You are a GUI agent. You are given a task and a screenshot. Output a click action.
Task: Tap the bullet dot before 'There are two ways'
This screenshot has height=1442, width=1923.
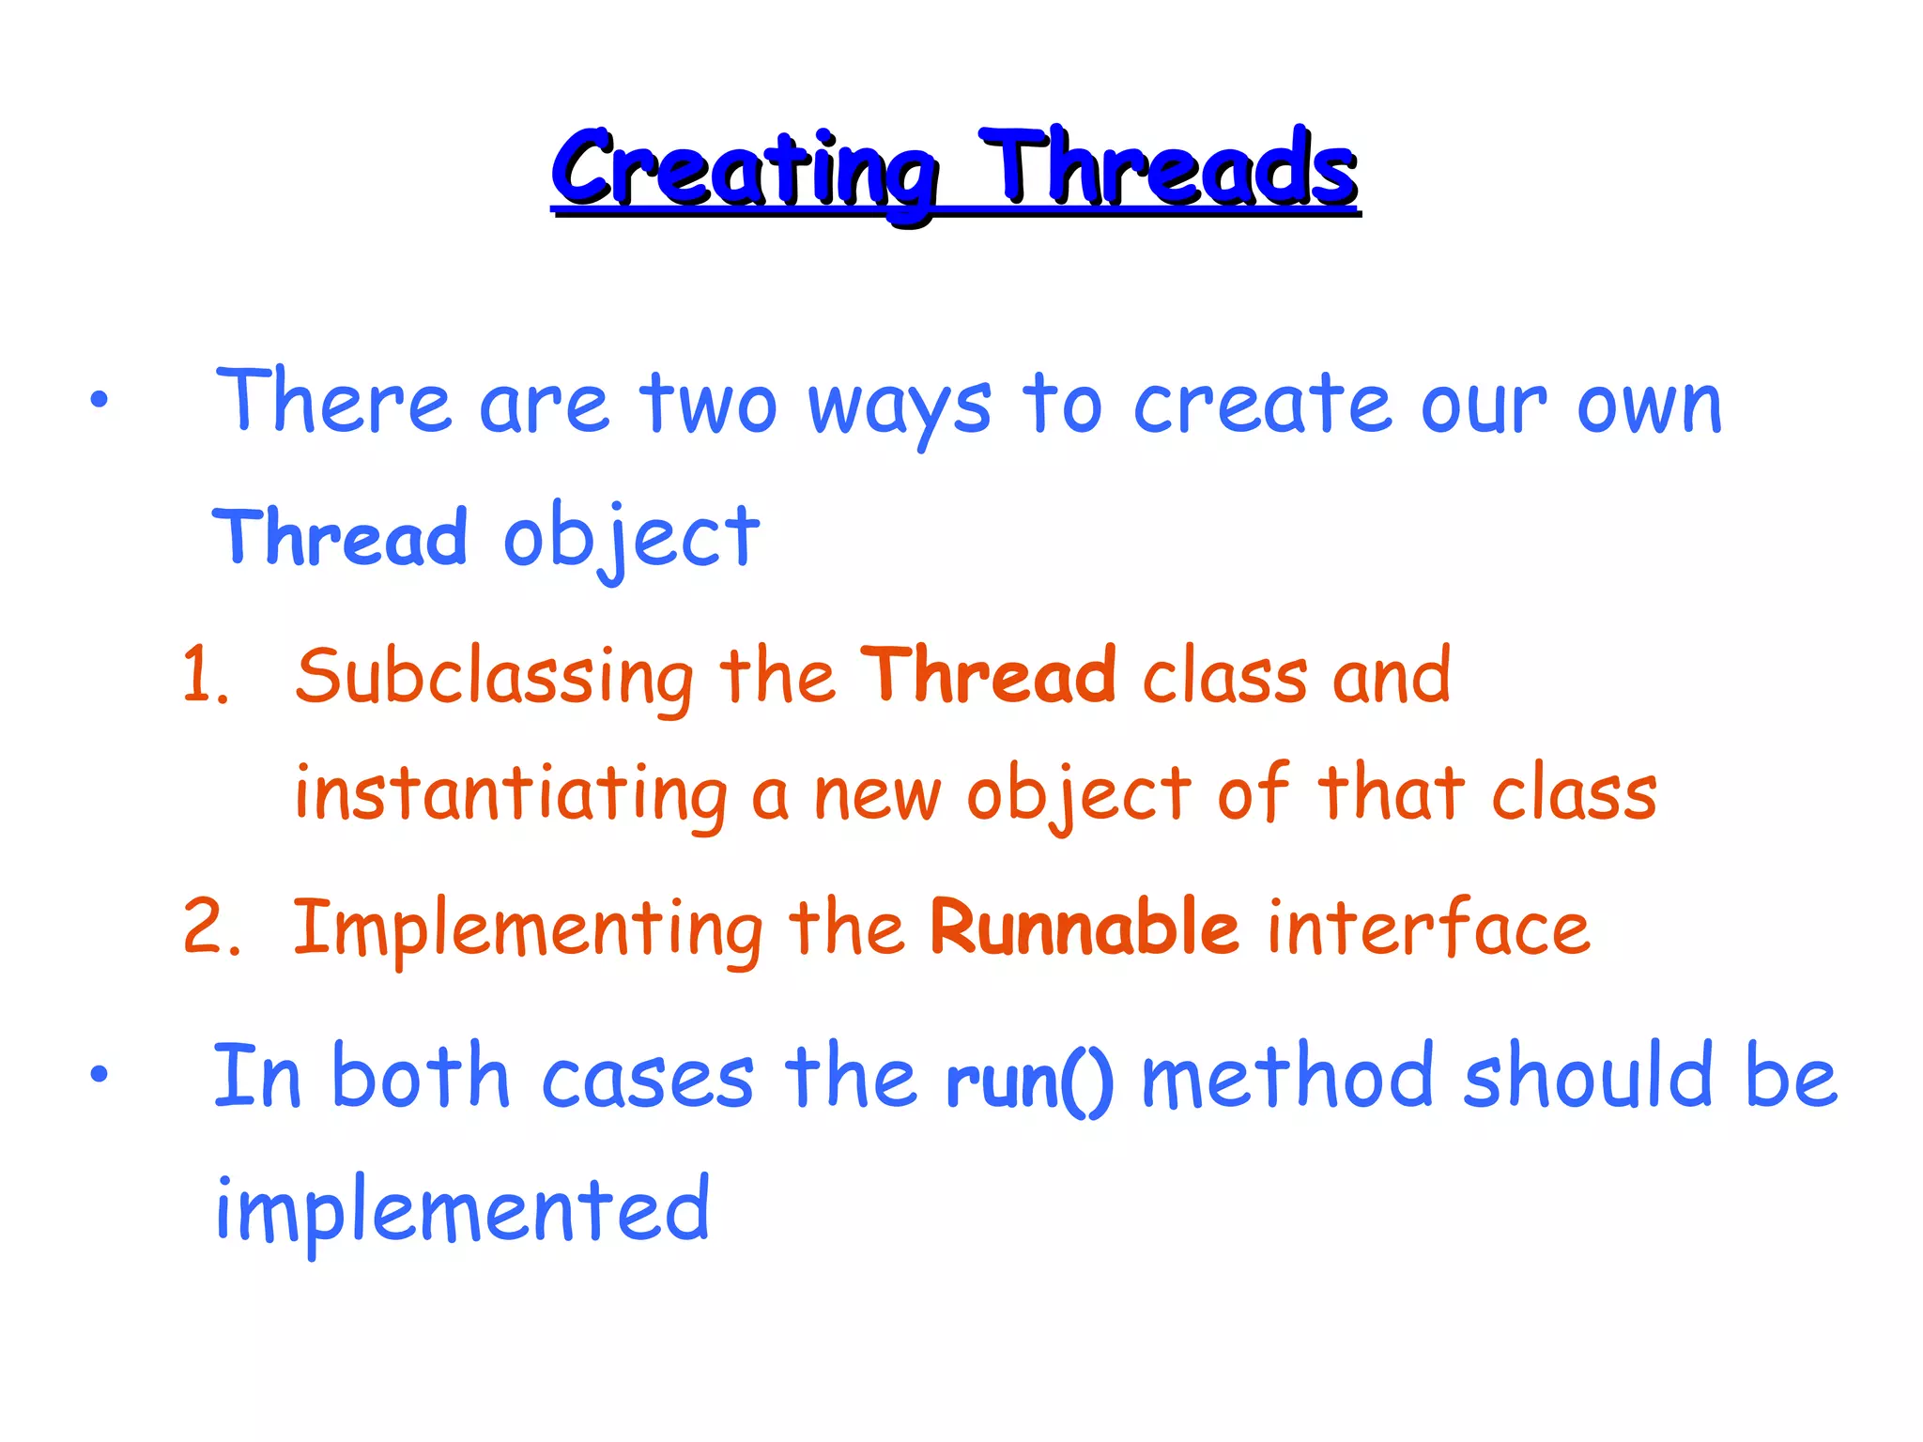(x=100, y=401)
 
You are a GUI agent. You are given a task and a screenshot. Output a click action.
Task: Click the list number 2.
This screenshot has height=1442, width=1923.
(x=210, y=927)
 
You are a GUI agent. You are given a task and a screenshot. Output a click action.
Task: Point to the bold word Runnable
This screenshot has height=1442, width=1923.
(x=1085, y=927)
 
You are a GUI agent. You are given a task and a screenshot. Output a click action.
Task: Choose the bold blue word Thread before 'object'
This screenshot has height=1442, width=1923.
(x=340, y=537)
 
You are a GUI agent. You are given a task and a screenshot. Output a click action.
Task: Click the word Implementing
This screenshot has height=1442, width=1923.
(x=528, y=929)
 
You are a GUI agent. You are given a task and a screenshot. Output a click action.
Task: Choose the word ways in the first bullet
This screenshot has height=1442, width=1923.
(x=900, y=406)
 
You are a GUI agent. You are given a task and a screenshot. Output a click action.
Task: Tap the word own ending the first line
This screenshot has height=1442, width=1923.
(x=1649, y=406)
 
